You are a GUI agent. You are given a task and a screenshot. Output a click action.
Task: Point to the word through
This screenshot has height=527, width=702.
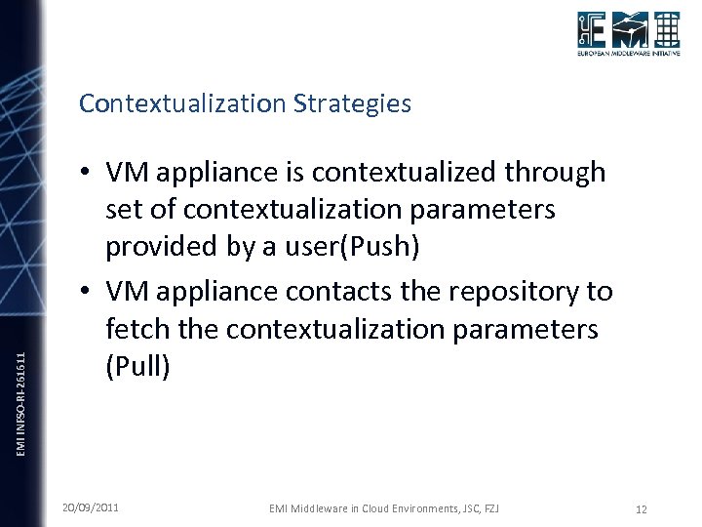(560, 173)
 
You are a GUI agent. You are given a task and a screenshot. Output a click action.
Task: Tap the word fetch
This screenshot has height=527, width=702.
(139, 330)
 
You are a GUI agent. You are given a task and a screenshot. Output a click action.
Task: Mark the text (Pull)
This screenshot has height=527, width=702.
(138, 367)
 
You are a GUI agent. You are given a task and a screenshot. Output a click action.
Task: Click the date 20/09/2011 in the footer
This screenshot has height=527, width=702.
(91, 507)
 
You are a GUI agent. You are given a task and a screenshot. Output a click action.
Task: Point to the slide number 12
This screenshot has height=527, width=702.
(641, 508)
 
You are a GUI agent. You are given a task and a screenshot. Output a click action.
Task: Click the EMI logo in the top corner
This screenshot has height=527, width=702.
(627, 31)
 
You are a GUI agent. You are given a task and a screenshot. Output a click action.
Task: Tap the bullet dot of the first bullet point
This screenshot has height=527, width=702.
(87, 174)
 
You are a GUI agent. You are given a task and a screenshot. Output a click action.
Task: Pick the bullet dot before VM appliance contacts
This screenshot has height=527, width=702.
(87, 292)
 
